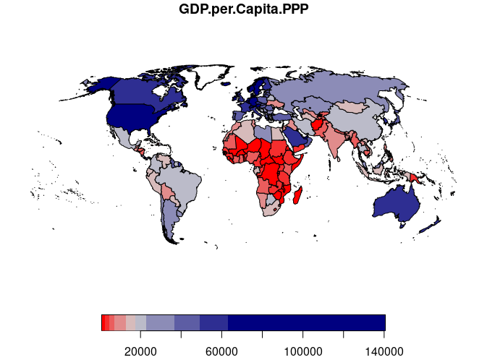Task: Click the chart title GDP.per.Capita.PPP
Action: tap(243, 10)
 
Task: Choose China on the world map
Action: tap(361, 123)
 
